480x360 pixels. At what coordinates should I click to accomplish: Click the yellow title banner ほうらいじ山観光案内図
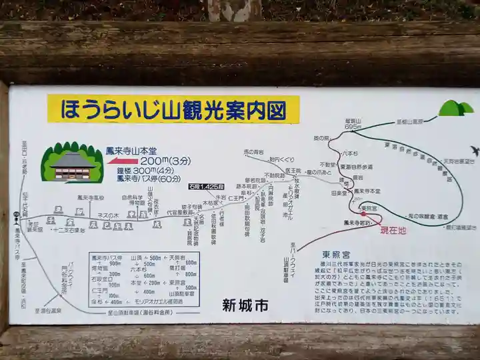click(173, 110)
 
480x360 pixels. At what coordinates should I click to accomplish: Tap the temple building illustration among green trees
click(72, 163)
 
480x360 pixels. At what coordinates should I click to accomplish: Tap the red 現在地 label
click(393, 231)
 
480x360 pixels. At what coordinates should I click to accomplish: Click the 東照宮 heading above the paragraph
click(336, 254)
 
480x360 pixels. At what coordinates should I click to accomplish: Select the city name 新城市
click(245, 305)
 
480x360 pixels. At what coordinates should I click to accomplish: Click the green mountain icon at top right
click(455, 108)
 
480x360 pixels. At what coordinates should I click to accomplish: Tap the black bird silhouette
click(474, 151)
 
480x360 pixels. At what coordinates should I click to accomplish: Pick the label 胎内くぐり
click(281, 160)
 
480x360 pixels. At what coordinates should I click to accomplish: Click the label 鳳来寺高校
click(90, 197)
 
